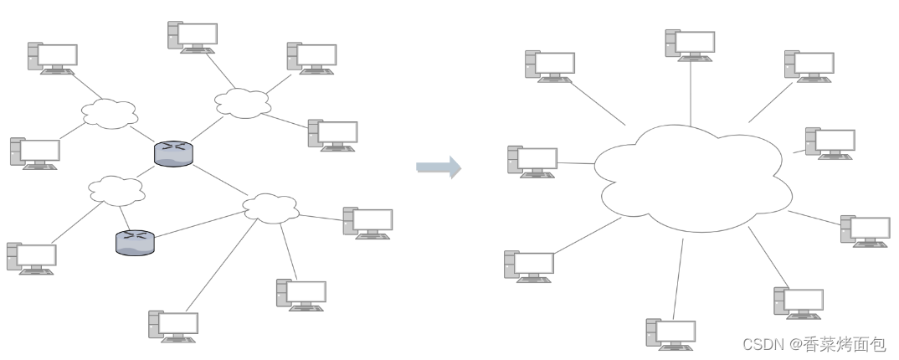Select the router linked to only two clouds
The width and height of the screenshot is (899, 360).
point(135,241)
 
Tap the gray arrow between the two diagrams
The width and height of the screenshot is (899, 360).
point(439,167)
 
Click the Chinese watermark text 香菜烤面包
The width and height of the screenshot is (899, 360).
point(844,344)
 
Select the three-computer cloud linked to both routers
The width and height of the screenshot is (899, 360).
point(270,207)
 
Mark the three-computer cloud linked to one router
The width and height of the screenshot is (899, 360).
point(243,102)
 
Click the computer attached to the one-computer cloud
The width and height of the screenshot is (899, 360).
point(32,259)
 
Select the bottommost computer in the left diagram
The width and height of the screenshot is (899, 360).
point(173,327)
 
